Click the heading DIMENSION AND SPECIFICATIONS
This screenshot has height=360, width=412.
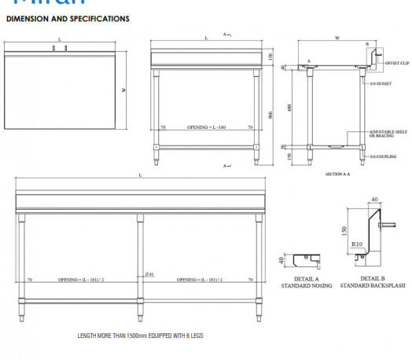(x=67, y=17)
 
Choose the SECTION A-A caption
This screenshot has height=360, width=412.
(x=337, y=174)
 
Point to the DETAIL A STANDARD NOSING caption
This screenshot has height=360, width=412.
(x=306, y=282)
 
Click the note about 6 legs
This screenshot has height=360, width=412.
(x=140, y=336)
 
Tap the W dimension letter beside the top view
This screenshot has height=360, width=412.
(x=123, y=89)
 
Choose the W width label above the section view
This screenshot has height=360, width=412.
(x=337, y=37)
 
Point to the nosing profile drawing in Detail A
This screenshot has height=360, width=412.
(x=305, y=259)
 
